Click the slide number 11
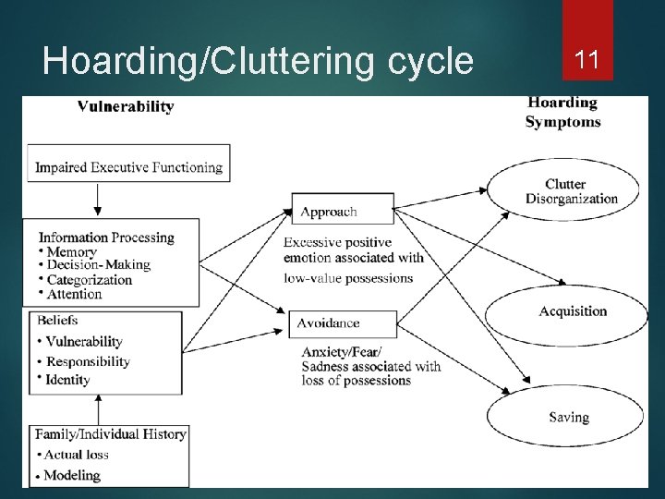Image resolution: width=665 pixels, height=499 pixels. click(x=587, y=61)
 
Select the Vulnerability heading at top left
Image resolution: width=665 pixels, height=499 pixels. click(x=126, y=106)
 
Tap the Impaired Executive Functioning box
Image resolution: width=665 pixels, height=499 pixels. click(x=128, y=167)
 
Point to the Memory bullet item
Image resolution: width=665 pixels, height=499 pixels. click(x=71, y=251)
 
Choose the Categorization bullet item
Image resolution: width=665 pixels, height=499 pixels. click(x=90, y=279)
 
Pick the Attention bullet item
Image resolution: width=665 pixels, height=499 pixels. click(x=74, y=294)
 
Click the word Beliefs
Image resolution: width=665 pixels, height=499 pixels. click(x=58, y=320)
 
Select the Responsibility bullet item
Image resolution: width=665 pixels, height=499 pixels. click(x=88, y=361)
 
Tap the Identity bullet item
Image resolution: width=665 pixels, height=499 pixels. click(x=67, y=380)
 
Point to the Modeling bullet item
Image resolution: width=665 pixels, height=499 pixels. click(x=71, y=475)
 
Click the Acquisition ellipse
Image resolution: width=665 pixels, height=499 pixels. click(x=573, y=311)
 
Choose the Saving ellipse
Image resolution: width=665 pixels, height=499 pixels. click(x=568, y=418)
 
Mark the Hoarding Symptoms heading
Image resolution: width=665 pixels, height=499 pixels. click(x=562, y=112)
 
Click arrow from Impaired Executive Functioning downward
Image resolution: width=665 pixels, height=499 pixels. click(x=97, y=200)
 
